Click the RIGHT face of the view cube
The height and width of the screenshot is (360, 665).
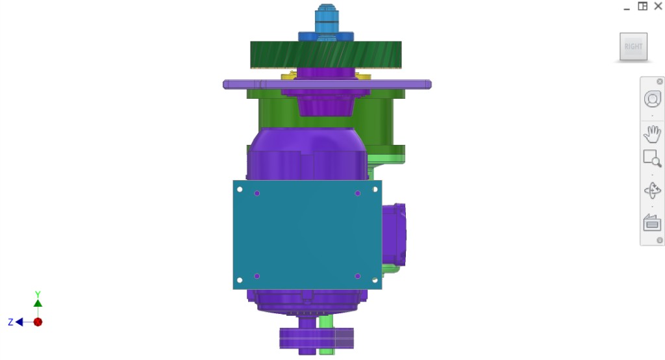[x=633, y=47]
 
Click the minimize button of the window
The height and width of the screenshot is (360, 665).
[x=627, y=7]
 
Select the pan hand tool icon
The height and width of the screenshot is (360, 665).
[x=652, y=135]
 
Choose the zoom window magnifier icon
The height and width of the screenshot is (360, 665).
[x=652, y=159]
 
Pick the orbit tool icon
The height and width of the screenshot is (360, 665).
[x=652, y=191]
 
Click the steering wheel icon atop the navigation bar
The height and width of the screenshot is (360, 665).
[x=652, y=99]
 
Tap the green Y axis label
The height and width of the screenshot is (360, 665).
[x=38, y=294]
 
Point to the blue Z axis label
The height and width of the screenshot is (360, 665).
[x=11, y=322]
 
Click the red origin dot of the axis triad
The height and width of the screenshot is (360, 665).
[x=38, y=322]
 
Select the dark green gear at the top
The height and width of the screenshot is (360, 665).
[x=325, y=55]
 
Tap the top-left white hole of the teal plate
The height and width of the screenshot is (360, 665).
[x=240, y=190]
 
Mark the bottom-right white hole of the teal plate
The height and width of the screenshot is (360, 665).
[x=375, y=280]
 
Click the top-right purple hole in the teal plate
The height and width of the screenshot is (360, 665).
[x=358, y=194]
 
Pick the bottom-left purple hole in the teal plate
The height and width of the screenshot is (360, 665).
[x=257, y=276]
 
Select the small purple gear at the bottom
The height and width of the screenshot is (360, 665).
[x=316, y=338]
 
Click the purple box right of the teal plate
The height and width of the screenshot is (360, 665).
[x=394, y=234]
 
